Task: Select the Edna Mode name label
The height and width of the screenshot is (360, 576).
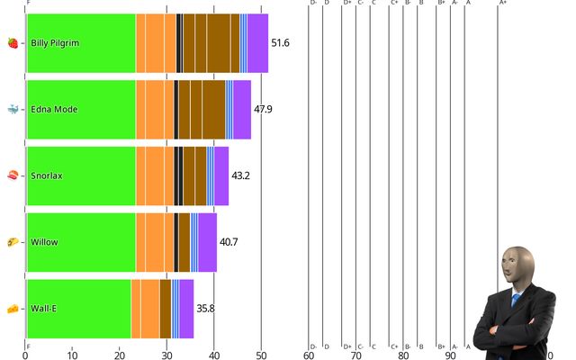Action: (54, 110)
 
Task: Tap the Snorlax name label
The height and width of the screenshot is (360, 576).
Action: (47, 175)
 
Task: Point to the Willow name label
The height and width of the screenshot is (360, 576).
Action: (44, 242)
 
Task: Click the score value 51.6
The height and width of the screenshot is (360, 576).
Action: (281, 43)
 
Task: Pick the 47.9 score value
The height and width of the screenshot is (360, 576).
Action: (264, 110)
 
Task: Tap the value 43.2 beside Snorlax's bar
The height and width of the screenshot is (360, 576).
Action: (241, 175)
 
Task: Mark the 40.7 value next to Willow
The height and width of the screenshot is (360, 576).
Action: (229, 242)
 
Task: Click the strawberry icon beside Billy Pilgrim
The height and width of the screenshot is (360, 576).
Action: (13, 43)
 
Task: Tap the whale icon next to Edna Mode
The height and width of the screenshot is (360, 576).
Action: (13, 110)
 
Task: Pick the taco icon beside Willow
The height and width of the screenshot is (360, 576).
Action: (13, 242)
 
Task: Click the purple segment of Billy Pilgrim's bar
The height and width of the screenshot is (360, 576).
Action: (258, 43)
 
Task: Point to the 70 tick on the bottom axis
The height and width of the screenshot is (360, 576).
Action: (355, 355)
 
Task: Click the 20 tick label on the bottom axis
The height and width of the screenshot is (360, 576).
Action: (119, 355)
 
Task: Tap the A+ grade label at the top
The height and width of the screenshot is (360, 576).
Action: (502, 3)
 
